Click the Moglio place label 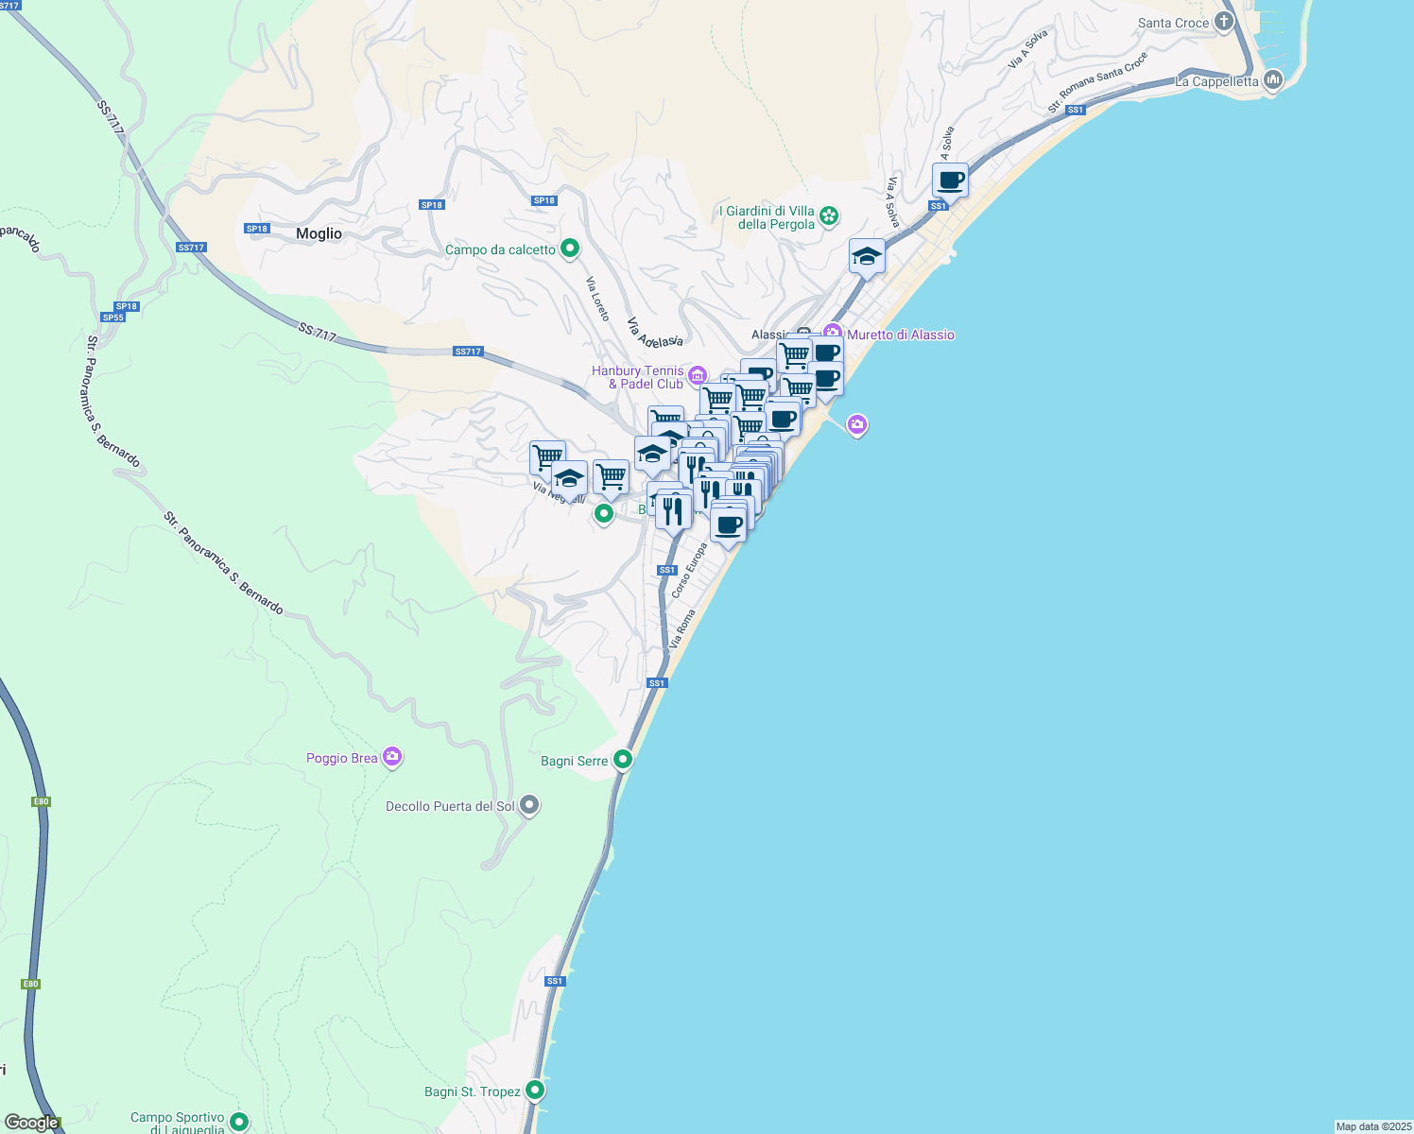319,234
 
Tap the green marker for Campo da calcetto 570,249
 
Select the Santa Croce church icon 1225,21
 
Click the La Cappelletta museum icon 1272,80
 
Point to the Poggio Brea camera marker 392,757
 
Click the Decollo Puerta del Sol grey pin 529,805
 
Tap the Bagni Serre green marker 623,759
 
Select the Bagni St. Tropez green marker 535,1091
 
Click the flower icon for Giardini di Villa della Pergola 829,216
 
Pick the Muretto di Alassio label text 901,335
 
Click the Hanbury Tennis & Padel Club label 638,377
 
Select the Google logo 32,1123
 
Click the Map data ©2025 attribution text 1372,1126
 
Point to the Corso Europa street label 689,570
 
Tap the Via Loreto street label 597,299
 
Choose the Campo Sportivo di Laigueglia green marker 239,1122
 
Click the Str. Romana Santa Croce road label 1097,82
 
